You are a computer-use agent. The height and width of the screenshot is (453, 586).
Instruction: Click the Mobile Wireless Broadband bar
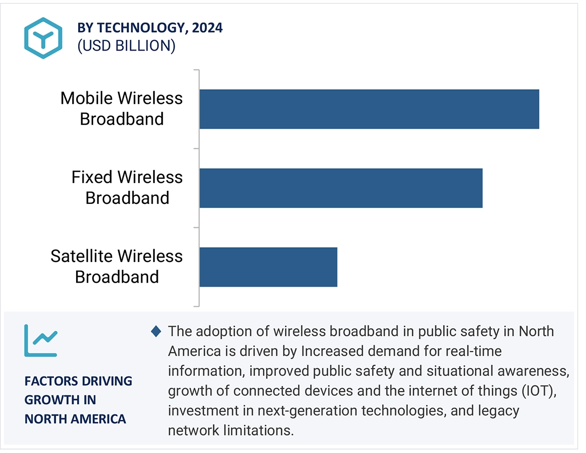click(369, 109)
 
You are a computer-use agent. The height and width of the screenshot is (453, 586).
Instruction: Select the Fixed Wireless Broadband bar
click(341, 188)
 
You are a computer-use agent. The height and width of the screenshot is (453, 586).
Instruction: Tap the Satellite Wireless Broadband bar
click(268, 267)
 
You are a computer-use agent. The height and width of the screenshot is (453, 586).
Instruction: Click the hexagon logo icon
click(43, 38)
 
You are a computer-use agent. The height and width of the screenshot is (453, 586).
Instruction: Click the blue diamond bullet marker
click(156, 331)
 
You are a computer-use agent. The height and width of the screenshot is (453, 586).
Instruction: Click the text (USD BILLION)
click(126, 46)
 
